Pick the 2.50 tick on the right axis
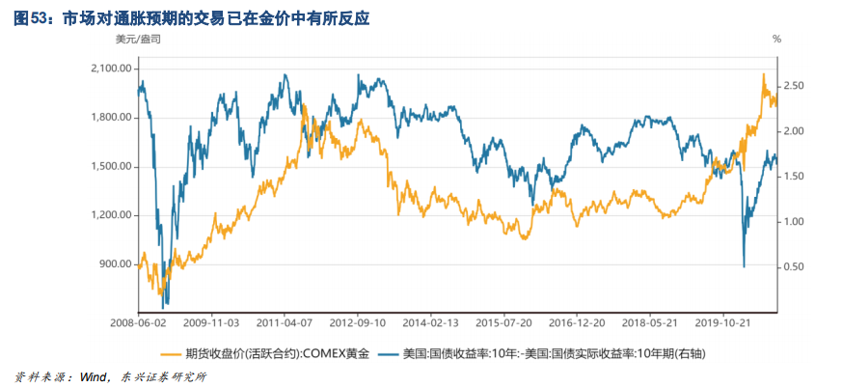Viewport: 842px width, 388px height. (x=794, y=86)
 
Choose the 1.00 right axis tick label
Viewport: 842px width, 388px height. (x=794, y=221)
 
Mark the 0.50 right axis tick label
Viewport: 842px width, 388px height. (x=794, y=266)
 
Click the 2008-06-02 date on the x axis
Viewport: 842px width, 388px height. (x=138, y=325)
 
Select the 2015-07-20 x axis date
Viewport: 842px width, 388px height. (x=506, y=325)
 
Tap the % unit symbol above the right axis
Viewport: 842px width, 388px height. (x=776, y=40)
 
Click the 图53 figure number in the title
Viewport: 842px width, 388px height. (x=31, y=17)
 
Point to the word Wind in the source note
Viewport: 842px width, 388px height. (x=93, y=375)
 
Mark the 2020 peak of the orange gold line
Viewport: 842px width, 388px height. (x=764, y=74)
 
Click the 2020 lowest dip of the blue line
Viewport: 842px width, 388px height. (x=743, y=265)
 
